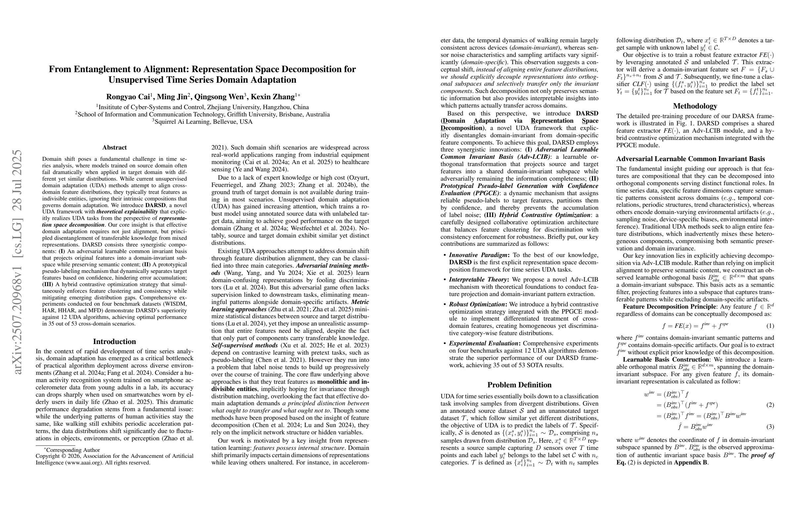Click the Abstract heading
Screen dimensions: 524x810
114,147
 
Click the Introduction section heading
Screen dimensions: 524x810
114,341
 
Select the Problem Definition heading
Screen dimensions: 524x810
519,385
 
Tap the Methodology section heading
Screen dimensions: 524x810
695,106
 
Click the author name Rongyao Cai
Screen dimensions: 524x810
128,97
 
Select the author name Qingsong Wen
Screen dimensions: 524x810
218,97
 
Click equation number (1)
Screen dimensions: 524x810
770,326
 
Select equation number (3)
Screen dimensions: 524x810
770,427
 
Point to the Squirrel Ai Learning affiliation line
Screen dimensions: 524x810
202,122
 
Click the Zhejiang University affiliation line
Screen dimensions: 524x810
202,107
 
